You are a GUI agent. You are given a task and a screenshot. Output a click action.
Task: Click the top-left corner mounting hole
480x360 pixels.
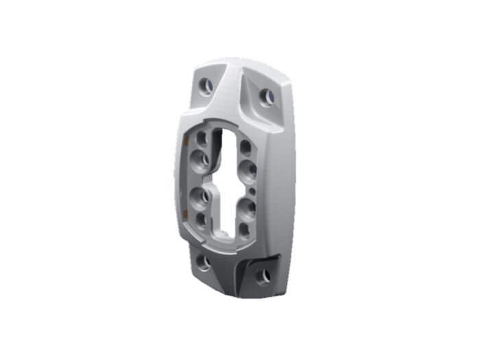(x=204, y=86)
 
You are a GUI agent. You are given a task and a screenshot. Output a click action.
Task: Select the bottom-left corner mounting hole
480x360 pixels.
(x=203, y=261)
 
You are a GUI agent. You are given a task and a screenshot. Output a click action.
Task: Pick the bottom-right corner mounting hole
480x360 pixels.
(x=263, y=276)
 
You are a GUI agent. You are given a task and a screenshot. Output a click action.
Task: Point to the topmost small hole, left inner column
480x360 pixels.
(x=202, y=138)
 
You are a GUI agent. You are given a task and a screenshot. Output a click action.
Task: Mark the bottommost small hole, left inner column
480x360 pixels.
(x=202, y=219)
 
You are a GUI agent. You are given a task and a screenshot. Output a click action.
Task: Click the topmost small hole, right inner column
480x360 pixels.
(x=245, y=145)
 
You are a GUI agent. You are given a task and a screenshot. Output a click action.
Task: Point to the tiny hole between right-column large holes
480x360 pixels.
(x=252, y=187)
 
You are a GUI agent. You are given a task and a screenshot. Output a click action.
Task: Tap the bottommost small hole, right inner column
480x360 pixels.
(x=245, y=229)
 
